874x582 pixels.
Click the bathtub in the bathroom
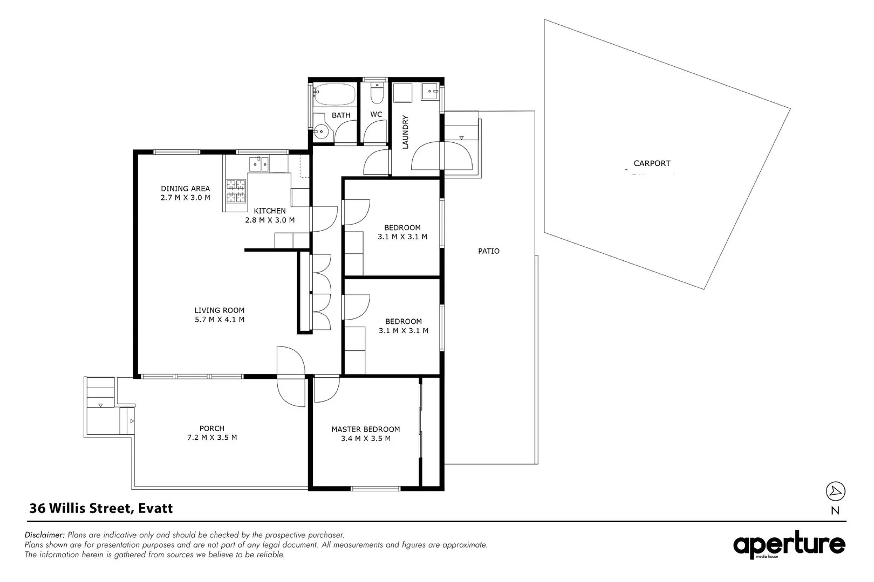point(335,95)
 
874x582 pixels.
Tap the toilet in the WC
point(377,94)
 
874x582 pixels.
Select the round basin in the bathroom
point(322,131)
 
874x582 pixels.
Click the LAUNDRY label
point(406,132)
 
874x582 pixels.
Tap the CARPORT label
point(652,163)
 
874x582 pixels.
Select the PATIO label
point(489,251)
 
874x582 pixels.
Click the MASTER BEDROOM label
point(365,429)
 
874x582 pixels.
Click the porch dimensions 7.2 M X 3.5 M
point(211,438)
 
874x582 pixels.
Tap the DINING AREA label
point(185,189)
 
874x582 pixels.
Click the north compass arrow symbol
point(835,491)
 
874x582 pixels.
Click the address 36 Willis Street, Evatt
point(101,508)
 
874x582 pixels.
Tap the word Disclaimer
point(45,535)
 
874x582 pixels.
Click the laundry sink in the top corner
point(431,92)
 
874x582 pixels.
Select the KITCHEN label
point(270,211)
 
